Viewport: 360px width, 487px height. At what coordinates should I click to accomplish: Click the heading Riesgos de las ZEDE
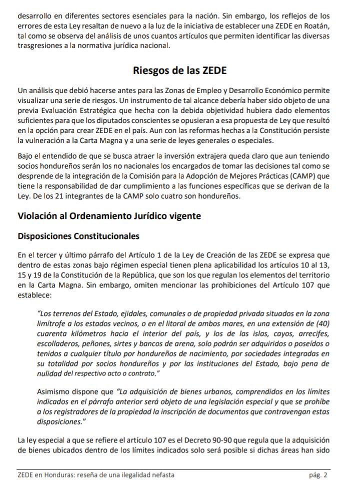click(x=179, y=70)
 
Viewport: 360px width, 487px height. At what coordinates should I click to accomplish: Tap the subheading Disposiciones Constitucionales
click(x=78, y=235)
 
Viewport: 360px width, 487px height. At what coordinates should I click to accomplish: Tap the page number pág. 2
click(x=318, y=474)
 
